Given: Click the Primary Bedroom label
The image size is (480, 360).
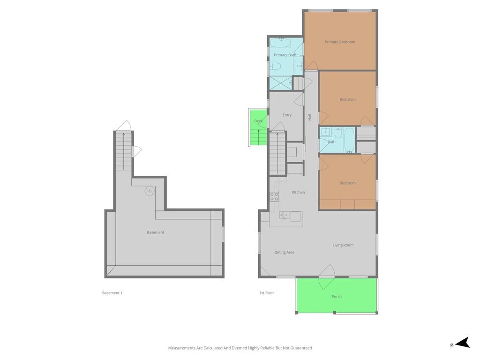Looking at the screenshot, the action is pos(340,42).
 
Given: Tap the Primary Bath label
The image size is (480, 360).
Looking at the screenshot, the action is pos(285,55).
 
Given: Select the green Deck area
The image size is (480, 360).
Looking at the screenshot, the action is pos(259,127).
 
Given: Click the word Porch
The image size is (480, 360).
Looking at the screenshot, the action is pos(337,297).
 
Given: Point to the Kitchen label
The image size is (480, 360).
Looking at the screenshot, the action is pos(298,192).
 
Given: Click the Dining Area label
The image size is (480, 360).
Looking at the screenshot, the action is pos(285,252).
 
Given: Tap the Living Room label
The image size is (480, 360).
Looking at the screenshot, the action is pos(343,245).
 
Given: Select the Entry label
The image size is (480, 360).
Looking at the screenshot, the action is pos(287,115).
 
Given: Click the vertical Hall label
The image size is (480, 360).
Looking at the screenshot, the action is pos(309,117).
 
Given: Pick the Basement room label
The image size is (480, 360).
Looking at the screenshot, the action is pos(155,232).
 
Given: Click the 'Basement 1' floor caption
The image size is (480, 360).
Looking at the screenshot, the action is pos(112,293).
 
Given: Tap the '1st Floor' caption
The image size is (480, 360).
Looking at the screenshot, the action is pos(267,293).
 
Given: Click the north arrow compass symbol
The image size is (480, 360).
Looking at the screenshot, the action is pos(462,343).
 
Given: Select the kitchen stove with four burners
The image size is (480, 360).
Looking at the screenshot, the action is pos(274,196).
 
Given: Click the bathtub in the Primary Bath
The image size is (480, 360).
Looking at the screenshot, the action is pos(280,43).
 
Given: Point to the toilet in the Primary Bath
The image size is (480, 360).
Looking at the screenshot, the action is pos(275,66).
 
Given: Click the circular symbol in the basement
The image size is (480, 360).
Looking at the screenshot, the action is pos(150,191).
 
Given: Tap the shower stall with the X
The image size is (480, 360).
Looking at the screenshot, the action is pos(280,83).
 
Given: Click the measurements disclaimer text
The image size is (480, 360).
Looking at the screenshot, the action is pos(240,348).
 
